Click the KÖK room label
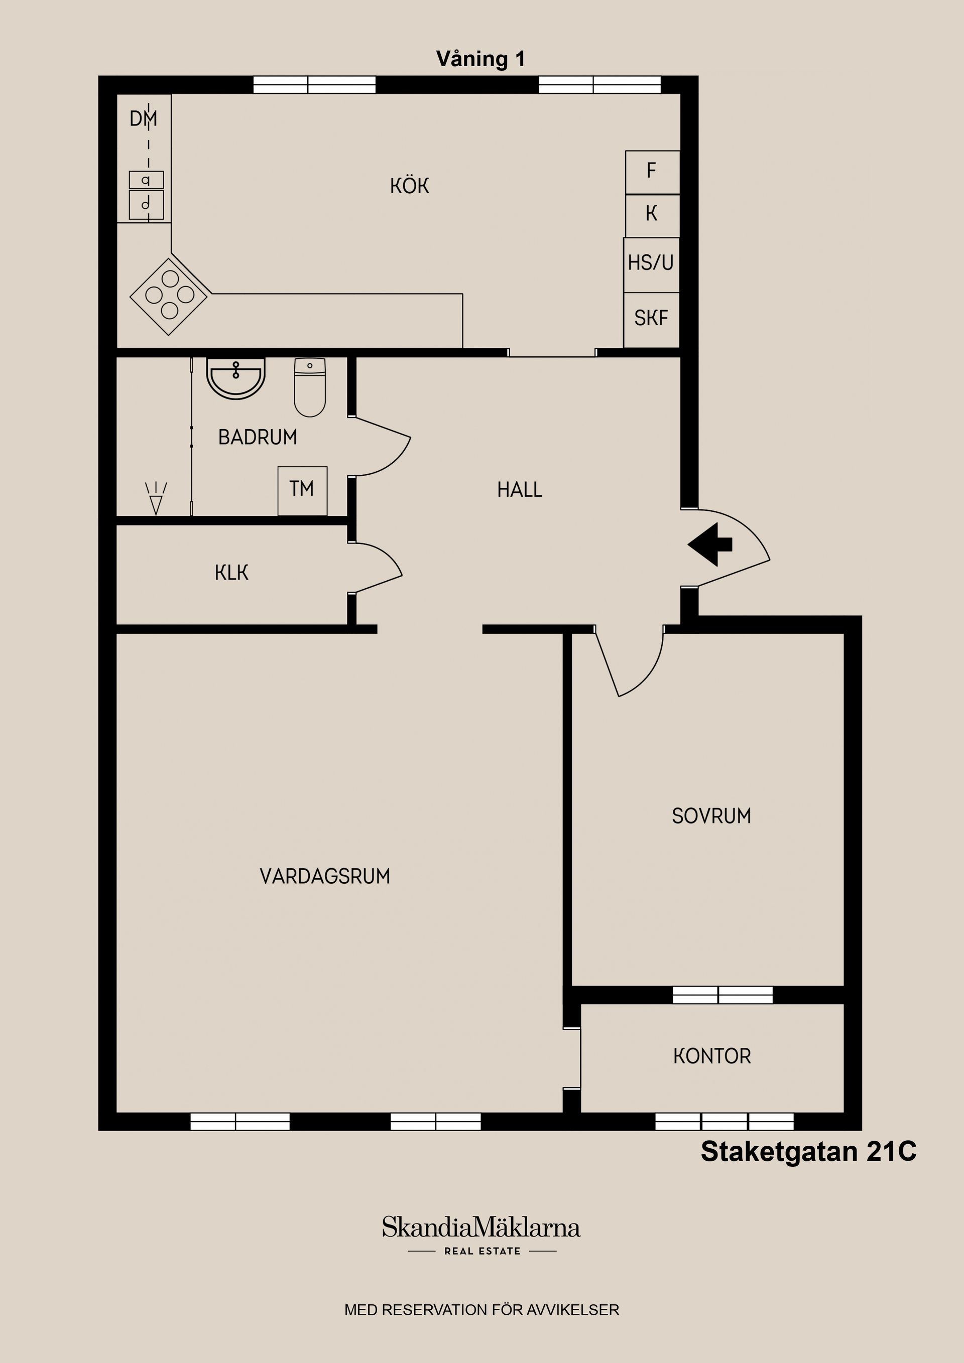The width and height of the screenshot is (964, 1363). pyautogui.click(x=409, y=186)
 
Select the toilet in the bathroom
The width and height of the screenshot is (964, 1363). pyautogui.click(x=309, y=387)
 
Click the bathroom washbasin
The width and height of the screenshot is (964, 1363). pyautogui.click(x=236, y=378)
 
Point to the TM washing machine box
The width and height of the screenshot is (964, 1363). pyautogui.click(x=302, y=490)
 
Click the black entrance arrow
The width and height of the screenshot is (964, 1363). pyautogui.click(x=710, y=544)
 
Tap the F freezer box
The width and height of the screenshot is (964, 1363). pyautogui.click(x=652, y=172)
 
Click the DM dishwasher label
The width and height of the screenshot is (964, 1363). pyautogui.click(x=143, y=119)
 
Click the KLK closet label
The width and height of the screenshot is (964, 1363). pyautogui.click(x=231, y=573)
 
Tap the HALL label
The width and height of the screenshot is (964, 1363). pyautogui.click(x=520, y=490)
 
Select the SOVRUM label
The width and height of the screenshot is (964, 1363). pyautogui.click(x=711, y=816)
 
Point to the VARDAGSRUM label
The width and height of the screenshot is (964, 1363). pyautogui.click(x=325, y=876)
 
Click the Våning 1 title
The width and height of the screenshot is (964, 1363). pyautogui.click(x=480, y=59)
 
